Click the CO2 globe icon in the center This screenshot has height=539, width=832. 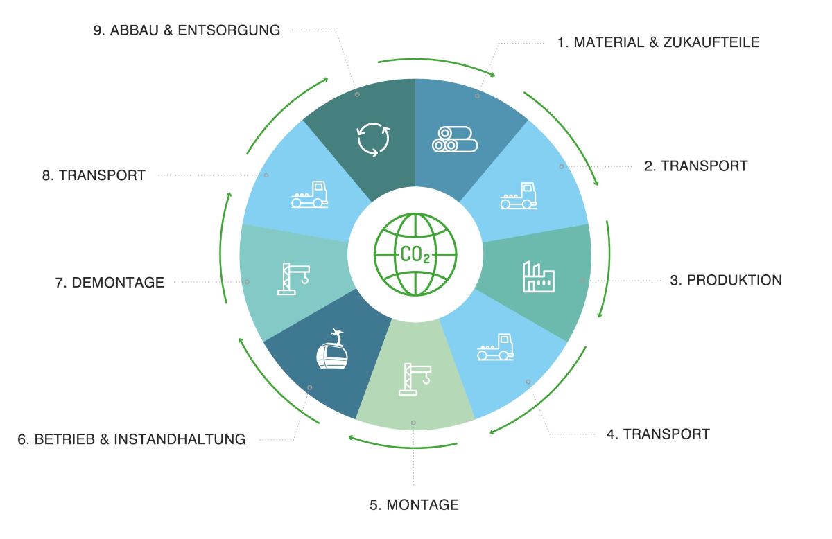pos(415,255)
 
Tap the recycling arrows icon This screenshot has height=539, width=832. pos(373,139)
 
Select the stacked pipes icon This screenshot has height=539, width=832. pos(455,139)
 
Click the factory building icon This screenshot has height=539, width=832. pos(539,276)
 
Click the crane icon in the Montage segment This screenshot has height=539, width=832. pos(415,379)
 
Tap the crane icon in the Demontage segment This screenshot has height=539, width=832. pos(293,279)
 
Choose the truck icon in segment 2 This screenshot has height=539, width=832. pos(519,195)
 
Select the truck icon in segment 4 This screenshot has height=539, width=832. pos(496,346)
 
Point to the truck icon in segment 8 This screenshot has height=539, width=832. pos(309,194)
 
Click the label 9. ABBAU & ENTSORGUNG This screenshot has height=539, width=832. pos(187,30)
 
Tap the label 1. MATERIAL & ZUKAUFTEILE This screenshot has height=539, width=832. pos(658,42)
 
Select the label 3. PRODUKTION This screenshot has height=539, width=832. pos(726,281)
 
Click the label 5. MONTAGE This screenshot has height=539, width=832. pos(414,505)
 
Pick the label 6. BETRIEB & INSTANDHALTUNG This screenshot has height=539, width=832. pos(132,439)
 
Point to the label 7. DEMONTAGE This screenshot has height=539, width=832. pos(110,283)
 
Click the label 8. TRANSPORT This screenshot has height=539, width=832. pos(94,175)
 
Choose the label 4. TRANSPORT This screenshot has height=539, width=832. pos(658,434)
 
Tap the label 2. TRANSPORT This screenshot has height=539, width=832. pos(695,166)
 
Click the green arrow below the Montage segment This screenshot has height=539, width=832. pos(403,447)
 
